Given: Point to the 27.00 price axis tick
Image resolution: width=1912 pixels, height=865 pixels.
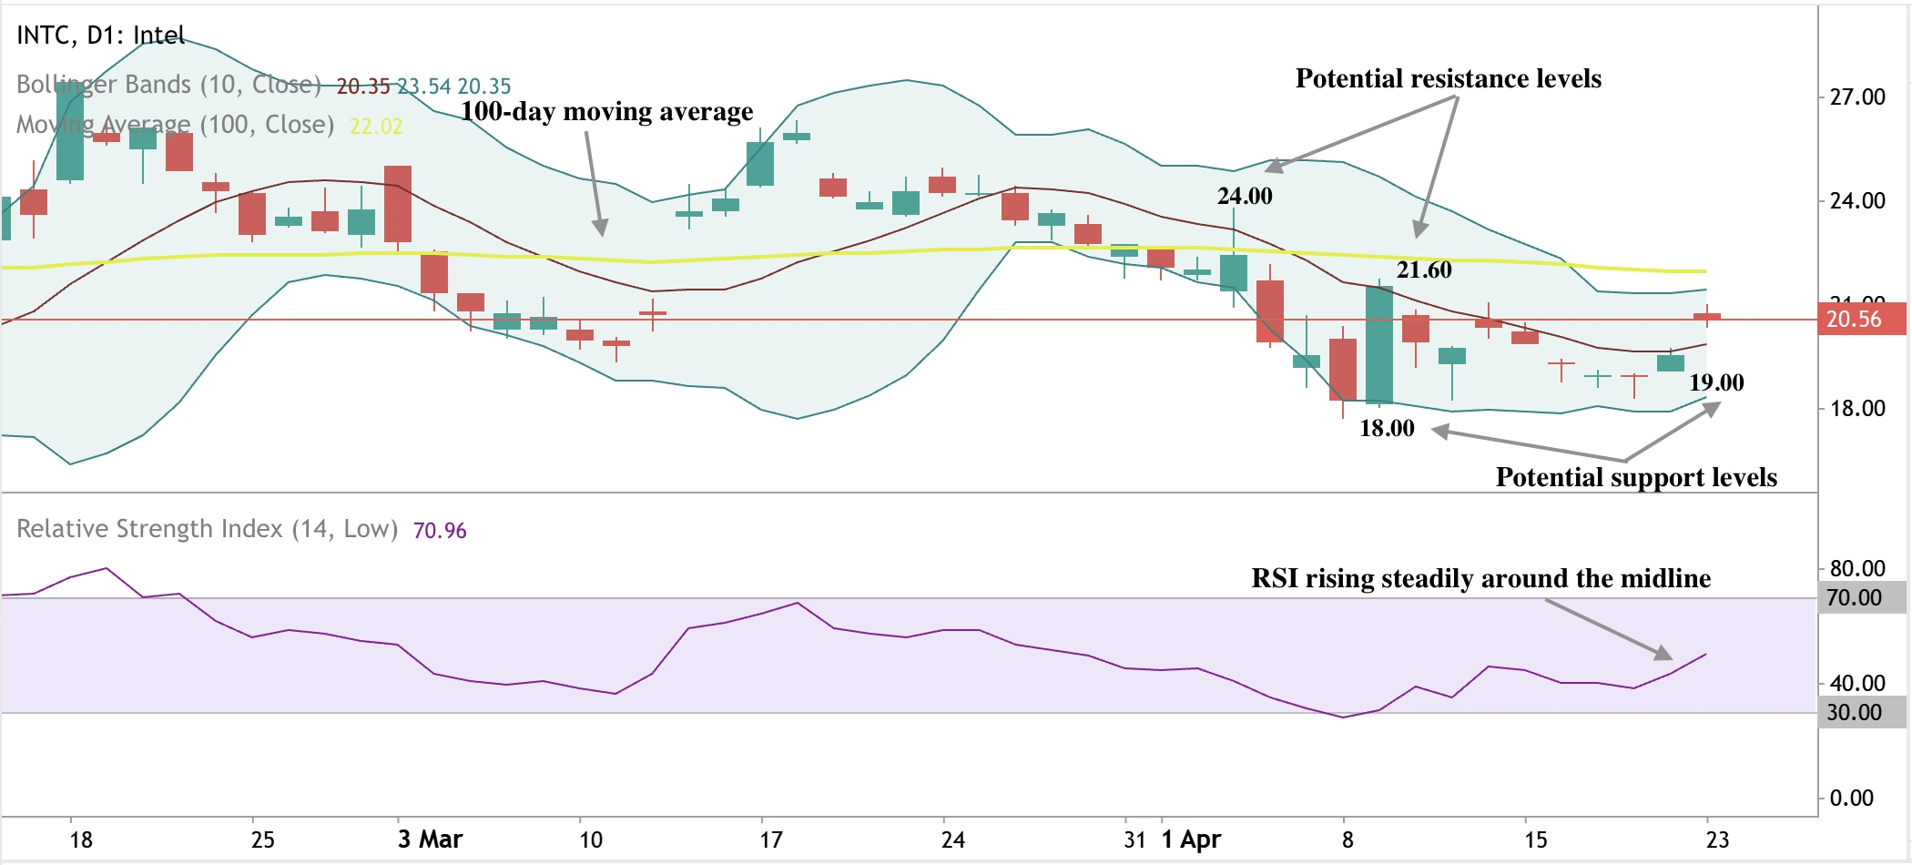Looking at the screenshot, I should coord(1857,97).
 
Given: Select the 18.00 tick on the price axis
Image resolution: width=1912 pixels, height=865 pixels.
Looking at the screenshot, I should coord(1857,409).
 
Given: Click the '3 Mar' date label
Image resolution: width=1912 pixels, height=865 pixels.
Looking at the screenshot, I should coord(430,840).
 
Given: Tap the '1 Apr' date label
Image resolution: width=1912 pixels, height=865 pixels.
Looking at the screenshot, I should coord(1191,840).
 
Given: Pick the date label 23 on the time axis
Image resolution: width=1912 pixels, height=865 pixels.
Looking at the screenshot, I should coord(1717,840).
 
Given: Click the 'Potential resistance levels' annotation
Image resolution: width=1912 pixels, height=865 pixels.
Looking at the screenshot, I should coord(1448,78).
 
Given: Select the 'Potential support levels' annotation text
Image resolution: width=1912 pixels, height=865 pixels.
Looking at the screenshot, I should coord(1635,477).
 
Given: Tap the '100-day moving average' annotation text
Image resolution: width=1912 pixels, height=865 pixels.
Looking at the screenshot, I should coord(606,111).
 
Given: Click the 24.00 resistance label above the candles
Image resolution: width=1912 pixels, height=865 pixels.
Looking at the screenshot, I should coord(1245,196).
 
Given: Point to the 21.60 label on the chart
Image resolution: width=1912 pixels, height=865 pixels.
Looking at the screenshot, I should coord(1424,270).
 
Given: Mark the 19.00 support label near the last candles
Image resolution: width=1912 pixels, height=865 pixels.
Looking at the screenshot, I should coord(1716,382).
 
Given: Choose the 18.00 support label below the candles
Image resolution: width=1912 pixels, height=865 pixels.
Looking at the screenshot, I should coord(1387,428).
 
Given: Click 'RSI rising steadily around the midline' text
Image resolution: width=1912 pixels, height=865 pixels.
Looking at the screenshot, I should coord(1480,578).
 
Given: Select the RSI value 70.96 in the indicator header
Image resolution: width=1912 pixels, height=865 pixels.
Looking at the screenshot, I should coord(440,531).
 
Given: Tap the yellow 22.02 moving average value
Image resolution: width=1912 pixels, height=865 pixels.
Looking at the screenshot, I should coord(376,127).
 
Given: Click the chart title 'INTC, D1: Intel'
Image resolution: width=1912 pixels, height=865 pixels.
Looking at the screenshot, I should coord(100,36).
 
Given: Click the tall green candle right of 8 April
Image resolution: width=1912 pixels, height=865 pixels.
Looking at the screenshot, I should coord(1379,344).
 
